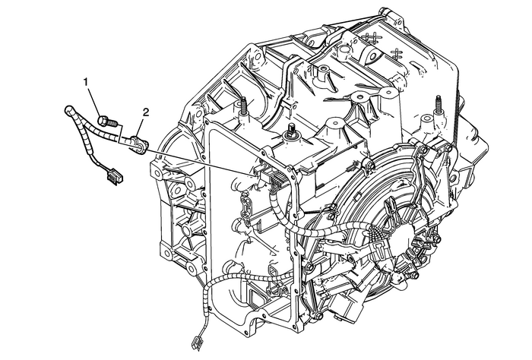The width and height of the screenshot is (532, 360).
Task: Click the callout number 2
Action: [x=145, y=113]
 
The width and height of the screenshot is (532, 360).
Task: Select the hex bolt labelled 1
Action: [x=105, y=122]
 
